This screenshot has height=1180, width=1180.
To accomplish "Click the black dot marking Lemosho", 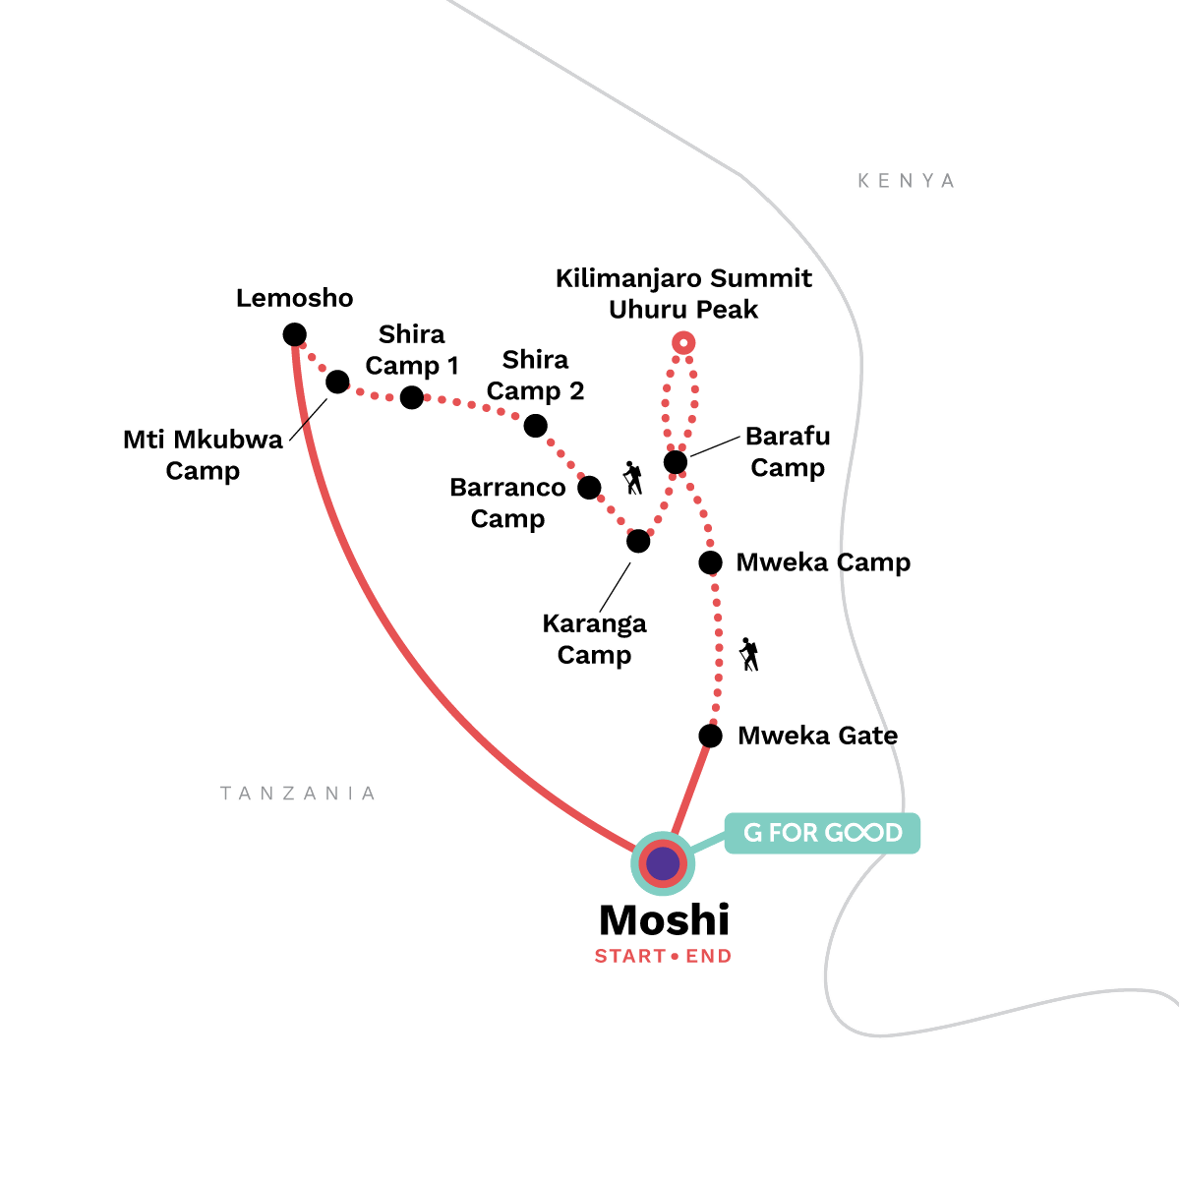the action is coord(295,334).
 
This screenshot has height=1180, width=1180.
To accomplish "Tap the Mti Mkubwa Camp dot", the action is coord(337,382).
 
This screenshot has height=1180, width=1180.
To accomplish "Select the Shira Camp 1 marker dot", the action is coord(411,397).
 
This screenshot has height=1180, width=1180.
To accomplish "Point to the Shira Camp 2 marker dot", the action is coord(535,426).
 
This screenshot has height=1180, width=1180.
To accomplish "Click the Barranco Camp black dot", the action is coord(589,488).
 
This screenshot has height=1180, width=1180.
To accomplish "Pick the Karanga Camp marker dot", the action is coord(638,541).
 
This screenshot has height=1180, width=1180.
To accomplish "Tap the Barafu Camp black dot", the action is coord(676,462).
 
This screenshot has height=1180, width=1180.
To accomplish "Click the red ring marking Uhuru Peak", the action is coord(683,342).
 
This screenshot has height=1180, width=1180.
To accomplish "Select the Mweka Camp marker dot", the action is coord(710,562).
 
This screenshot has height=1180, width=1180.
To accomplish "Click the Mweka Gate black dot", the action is coord(710,736).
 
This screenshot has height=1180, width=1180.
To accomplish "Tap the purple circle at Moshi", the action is coord(663,863).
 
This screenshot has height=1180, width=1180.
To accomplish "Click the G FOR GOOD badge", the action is coord(822,833).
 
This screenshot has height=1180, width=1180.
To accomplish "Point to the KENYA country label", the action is coord(907,181).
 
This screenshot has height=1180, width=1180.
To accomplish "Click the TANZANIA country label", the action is coord(298,793).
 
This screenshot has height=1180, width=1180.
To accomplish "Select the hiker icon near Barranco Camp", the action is coord(632,478).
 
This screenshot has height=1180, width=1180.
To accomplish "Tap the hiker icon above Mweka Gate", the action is coord(749,654).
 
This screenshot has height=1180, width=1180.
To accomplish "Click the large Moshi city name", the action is coord(665,919).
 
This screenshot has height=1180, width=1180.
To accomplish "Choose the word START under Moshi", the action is coord(630,956).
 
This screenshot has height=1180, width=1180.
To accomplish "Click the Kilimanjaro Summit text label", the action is coord(683,278).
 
